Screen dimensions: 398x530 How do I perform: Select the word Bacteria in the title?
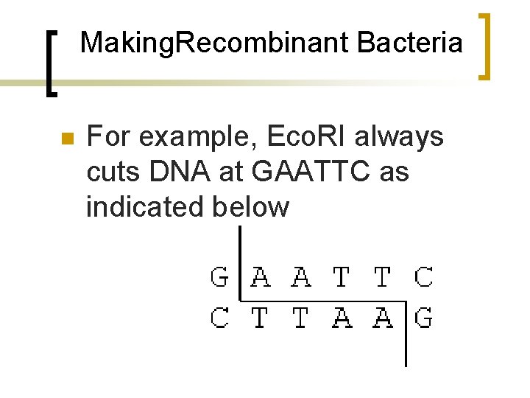tap(409, 43)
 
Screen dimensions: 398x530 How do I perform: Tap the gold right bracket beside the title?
tap(486, 46)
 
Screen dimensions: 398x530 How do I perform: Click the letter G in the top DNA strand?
tap(219, 277)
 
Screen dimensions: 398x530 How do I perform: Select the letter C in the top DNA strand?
tap(423, 277)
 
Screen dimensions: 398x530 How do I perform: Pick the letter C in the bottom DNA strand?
tap(219, 318)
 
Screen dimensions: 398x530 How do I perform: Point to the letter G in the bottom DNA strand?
tap(423, 318)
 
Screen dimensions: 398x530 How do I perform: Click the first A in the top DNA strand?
tap(260, 277)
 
